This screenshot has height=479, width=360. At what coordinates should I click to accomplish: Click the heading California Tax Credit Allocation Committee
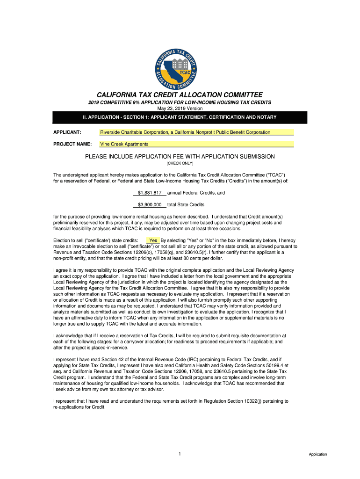click(180, 94)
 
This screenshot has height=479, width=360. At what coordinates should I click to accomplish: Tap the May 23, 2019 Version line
click(180, 108)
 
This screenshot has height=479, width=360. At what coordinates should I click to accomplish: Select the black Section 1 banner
click(180, 117)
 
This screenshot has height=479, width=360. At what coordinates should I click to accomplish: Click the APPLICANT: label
click(68, 132)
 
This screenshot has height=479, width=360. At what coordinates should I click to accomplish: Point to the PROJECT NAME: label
click(72, 144)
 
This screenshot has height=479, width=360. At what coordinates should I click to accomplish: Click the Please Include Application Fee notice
click(180, 156)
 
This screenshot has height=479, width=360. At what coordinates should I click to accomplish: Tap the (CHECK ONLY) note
click(180, 164)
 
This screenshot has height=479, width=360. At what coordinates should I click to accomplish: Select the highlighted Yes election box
click(153, 240)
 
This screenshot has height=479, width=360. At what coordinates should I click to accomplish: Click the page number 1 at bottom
click(180, 454)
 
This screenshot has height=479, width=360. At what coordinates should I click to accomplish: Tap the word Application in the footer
click(317, 454)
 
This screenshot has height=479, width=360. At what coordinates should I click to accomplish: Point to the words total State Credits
click(186, 204)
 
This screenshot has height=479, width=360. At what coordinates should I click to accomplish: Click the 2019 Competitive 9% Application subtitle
click(180, 102)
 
